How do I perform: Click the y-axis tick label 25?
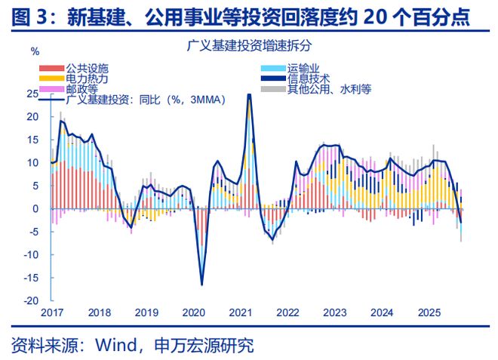coord(32,94)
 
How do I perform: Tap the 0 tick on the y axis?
coord(35,208)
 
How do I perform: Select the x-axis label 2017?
coord(52,312)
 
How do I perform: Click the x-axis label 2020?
coord(194,312)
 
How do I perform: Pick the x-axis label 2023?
coord(335,312)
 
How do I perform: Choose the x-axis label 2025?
coord(429,312)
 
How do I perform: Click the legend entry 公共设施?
coord(81,68)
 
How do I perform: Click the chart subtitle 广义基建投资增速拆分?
coord(248,46)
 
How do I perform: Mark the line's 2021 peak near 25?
coord(249,94)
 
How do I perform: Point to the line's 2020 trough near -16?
coord(201,284)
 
